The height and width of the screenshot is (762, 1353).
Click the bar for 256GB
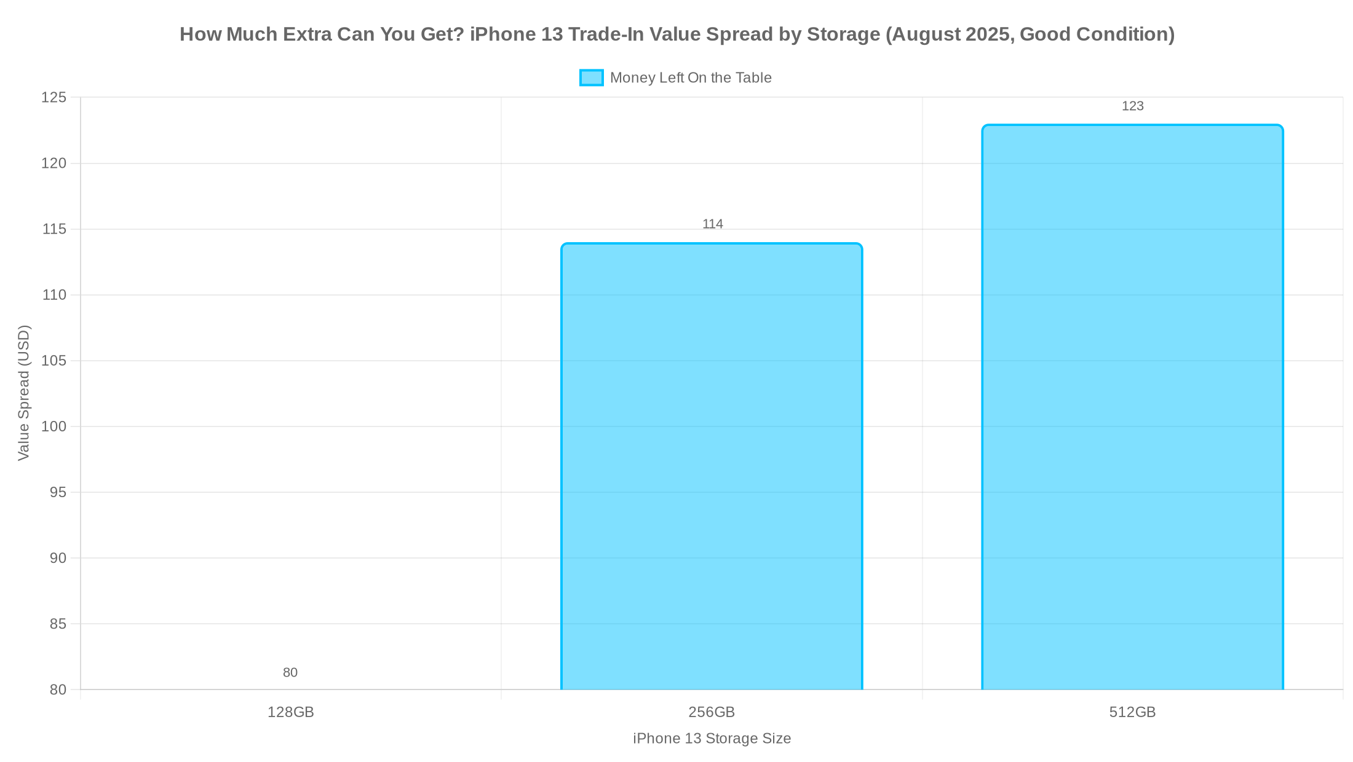[x=712, y=467]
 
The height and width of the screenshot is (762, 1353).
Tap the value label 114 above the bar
[x=713, y=224]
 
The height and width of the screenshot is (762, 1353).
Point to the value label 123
[x=1132, y=106]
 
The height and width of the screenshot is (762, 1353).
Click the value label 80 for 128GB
[x=290, y=673]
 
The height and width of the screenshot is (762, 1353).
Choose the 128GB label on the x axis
[x=290, y=712]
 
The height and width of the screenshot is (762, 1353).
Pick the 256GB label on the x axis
[x=712, y=712]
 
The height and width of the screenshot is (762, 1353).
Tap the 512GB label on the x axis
[x=1132, y=712]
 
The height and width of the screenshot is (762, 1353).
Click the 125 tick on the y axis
[x=54, y=98]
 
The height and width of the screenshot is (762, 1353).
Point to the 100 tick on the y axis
[x=54, y=426]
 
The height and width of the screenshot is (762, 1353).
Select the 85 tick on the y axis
[x=58, y=624]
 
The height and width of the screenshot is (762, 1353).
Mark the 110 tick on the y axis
[x=54, y=295]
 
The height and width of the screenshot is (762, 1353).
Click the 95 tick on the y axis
[x=58, y=492]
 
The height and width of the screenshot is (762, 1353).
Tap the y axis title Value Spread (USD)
[x=23, y=393]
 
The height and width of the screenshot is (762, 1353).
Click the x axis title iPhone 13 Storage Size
[x=712, y=739]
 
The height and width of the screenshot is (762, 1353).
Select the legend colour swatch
[x=591, y=78]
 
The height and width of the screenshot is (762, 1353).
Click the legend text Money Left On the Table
[x=691, y=78]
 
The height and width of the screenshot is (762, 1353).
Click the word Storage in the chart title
[x=843, y=34]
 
